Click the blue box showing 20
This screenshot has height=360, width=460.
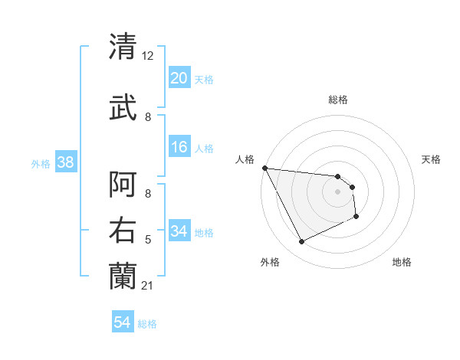pos(179,78)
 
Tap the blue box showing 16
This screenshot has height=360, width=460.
pos(179,148)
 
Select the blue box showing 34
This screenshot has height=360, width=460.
pos(179,232)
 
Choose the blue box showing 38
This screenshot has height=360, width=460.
pos(65,162)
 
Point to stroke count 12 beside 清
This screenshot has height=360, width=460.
pos(147,56)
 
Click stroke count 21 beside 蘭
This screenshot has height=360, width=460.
pos(147,286)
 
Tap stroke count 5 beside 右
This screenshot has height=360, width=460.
pos(147,241)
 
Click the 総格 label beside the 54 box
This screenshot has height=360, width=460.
pos(147,324)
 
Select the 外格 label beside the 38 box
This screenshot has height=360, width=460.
pos(41,164)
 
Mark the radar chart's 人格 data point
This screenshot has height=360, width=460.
pos(264,168)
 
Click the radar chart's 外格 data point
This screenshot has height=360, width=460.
pos(301,242)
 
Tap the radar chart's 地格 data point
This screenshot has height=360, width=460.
pos(356,217)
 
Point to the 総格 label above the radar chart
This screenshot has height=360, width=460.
pos(337,100)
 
